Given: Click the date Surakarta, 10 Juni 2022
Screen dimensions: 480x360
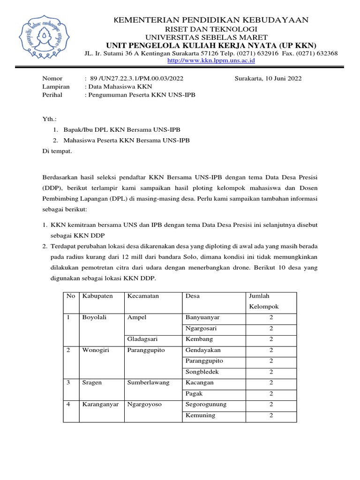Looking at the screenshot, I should click(268, 78).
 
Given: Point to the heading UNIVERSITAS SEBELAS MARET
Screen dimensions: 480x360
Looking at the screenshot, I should click(207, 37).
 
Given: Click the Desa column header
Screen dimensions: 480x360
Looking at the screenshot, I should click(193, 296).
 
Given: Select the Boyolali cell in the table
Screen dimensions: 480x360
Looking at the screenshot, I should click(95, 317).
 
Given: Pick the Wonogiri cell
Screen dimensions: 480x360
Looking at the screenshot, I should click(96, 350).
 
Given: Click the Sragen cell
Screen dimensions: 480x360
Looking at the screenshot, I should click(92, 382).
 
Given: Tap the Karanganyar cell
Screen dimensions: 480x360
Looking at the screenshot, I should click(100, 404).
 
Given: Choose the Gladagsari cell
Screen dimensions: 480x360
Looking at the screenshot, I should click(143, 339).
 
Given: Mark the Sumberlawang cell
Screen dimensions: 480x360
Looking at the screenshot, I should click(148, 382).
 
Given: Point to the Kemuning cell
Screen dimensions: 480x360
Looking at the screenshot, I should click(200, 415).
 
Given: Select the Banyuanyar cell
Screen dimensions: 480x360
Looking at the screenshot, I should click(202, 317).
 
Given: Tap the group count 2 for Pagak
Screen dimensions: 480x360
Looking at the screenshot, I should click(271, 393).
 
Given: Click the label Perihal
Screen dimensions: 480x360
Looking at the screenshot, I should click(52, 95).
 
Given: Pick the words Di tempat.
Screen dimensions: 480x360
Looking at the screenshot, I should click(57, 151).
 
